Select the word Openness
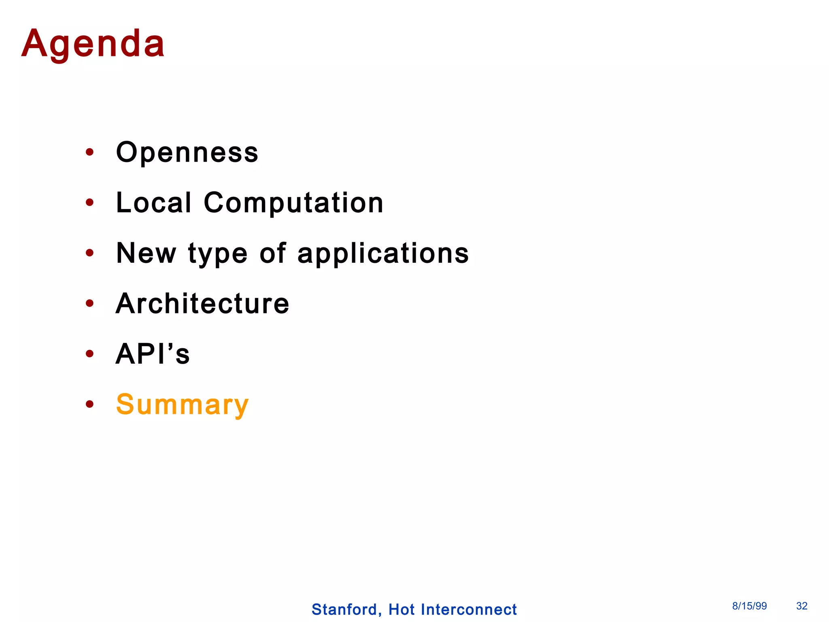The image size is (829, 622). tap(187, 153)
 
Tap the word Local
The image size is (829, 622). tap(153, 202)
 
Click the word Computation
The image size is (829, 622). tap(293, 202)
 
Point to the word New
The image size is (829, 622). tap(146, 253)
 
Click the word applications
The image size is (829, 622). tap(383, 254)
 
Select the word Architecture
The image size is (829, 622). tap(202, 304)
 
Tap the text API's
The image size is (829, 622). tap(153, 354)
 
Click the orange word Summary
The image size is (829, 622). tap(182, 405)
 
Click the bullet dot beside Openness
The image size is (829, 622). tap(90, 152)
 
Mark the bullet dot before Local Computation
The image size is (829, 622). tap(90, 202)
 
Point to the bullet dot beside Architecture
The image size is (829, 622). tap(90, 303)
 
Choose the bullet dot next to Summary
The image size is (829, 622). tap(90, 404)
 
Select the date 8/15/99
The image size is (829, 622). tap(749, 606)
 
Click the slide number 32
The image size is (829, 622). tap(802, 606)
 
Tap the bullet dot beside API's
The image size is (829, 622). tap(90, 354)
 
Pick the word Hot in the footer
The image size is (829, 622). tap(402, 609)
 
